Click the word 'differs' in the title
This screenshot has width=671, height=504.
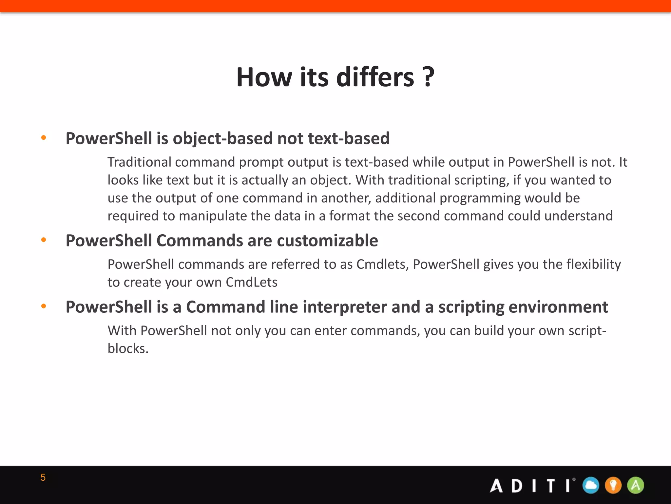pyautogui.click(x=375, y=77)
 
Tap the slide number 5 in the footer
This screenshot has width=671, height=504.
pyautogui.click(x=43, y=477)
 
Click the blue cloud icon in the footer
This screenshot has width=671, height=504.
pyautogui.click(x=591, y=485)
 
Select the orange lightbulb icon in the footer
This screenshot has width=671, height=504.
pyautogui.click(x=613, y=485)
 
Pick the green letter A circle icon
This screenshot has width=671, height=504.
pyautogui.click(x=636, y=485)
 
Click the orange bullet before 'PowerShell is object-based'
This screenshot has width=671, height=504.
pyautogui.click(x=44, y=138)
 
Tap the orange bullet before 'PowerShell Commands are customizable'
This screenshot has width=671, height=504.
pyautogui.click(x=44, y=240)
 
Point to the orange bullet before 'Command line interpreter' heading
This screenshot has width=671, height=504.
pyautogui.click(x=44, y=306)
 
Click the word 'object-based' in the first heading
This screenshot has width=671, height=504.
pyautogui.click(x=223, y=138)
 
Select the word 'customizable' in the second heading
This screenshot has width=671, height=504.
pyautogui.click(x=327, y=241)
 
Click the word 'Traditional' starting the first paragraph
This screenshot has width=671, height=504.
pyautogui.click(x=139, y=162)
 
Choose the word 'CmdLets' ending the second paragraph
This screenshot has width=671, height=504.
pyautogui.click(x=251, y=283)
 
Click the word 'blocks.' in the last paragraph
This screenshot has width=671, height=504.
pyautogui.click(x=128, y=348)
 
